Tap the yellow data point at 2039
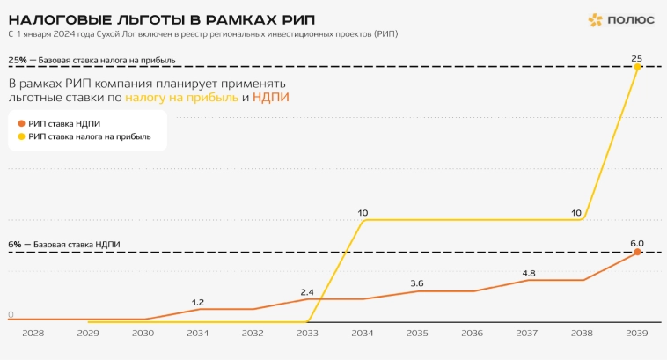click(637, 67)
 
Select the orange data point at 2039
click(637, 253)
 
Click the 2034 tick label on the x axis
click(363, 334)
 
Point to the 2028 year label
click(33, 334)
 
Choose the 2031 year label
click(197, 334)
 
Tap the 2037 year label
click(527, 334)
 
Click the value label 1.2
click(198, 302)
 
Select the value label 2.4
click(307, 291)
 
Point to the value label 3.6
click(417, 283)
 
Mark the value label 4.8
click(528, 273)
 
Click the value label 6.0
click(636, 243)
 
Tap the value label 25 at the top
click(636, 58)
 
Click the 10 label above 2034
click(363, 212)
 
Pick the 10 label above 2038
click(576, 212)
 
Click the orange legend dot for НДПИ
click(22, 124)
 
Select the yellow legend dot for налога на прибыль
click(22, 137)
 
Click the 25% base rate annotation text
click(92, 61)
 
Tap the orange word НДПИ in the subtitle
click(271, 97)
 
